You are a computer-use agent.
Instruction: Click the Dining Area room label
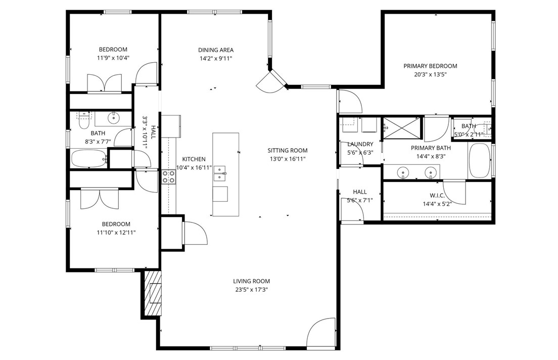pos(216,50)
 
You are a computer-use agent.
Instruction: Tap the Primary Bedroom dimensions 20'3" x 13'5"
pos(430,74)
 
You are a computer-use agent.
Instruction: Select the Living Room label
pos(251,281)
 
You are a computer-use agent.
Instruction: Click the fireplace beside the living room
pos(153,293)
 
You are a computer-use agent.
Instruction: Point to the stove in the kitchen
pos(168,176)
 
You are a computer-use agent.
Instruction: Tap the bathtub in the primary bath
pos(479,161)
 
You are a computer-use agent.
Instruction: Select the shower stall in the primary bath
pos(401,127)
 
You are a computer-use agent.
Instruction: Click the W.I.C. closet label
pos(437,195)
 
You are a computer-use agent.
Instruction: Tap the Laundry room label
pos(360,144)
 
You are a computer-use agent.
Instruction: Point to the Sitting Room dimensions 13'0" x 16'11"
pos(288,159)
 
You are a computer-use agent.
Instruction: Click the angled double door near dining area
pos(272,81)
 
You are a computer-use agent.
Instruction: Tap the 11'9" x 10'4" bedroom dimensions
pos(113,58)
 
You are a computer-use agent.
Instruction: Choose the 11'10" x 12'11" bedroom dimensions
pos(116,233)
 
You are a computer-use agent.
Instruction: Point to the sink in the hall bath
pos(113,119)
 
